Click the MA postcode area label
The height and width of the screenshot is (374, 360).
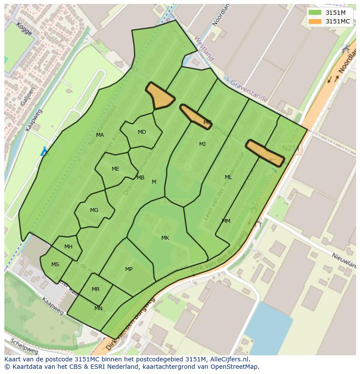coord(100,135)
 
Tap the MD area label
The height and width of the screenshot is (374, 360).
coord(142,132)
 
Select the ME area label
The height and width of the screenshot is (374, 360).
coord(115,169)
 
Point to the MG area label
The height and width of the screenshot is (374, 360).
coord(94,210)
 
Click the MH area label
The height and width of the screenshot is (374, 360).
coord(68,247)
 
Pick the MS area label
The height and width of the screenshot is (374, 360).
coord(55,265)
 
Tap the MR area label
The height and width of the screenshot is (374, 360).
coord(96,289)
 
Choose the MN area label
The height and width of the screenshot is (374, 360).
coord(98,308)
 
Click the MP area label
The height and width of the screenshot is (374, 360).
coord(129,269)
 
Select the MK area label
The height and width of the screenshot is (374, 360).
coord(165,238)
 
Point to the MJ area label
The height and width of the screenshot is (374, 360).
coord(202,144)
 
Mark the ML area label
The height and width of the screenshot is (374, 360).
coord(228,177)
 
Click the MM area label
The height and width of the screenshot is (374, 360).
coord(226,221)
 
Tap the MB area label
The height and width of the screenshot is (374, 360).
coord(140,178)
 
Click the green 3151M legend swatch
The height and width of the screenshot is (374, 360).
coord(315,13)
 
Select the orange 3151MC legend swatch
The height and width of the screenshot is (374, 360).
coord(315,21)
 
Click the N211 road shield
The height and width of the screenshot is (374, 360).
coord(290,149)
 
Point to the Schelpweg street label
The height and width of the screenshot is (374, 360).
coord(24,346)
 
